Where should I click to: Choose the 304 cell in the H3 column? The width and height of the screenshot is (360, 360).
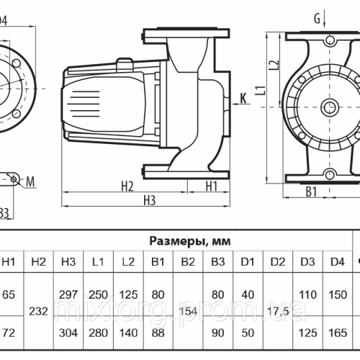pos(70,333)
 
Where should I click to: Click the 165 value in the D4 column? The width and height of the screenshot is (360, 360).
pos(336,333)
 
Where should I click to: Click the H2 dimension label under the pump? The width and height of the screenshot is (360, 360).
pos(127,166)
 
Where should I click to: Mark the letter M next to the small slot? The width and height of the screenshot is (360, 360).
pos(32,159)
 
